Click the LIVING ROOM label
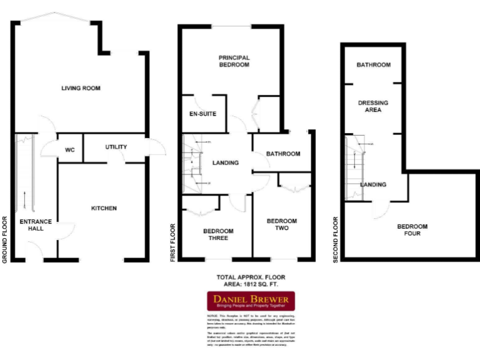coord(81,88)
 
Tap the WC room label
coord(70,150)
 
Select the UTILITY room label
coord(116,147)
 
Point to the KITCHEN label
coord(104,208)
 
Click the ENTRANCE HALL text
coord(36,225)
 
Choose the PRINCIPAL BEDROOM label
coord(234,61)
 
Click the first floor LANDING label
coord(226,163)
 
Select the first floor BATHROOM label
coord(283,154)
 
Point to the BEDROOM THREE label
coord(218,235)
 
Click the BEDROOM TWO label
coord(282,225)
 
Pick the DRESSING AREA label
coord(373,106)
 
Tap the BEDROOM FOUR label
coord(412,230)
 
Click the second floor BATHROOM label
coord(373,65)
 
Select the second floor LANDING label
coord(373,184)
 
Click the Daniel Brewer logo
coord(251,301)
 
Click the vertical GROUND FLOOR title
coord(5,239)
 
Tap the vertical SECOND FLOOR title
coord(336,239)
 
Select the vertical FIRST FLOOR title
coord(173,241)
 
